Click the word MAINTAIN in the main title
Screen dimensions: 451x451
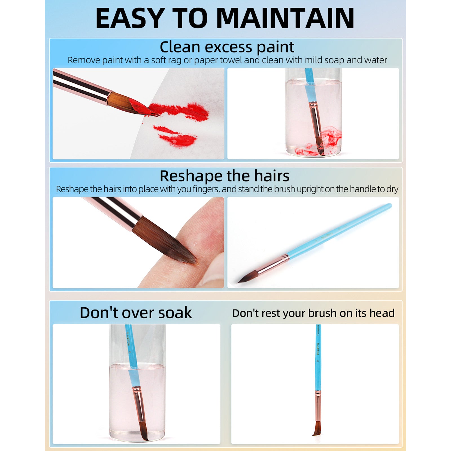coord(285,18)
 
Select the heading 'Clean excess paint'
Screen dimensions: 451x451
coord(227,47)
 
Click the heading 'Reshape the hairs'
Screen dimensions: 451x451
coord(224,176)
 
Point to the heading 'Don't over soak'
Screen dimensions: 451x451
coord(136,313)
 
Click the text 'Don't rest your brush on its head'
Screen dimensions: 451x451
coord(313,313)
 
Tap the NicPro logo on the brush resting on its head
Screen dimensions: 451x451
coord(318,349)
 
